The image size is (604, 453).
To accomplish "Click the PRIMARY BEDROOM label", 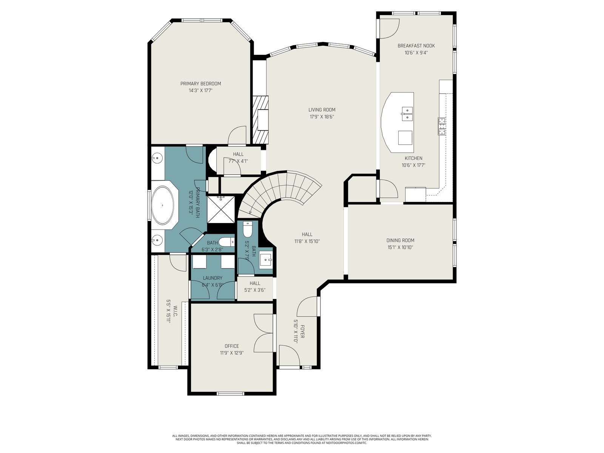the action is click(200, 83).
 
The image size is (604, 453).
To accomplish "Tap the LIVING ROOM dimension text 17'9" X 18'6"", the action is click(322, 117).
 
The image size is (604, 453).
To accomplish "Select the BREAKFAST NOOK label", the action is click(416, 46).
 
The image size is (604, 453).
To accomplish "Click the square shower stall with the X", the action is click(221, 210).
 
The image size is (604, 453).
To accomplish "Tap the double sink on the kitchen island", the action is click(407, 114).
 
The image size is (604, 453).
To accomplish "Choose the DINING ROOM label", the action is click(400, 240).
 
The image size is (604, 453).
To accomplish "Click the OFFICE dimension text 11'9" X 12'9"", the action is click(232, 353).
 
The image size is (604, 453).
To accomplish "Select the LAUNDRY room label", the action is click(213, 278).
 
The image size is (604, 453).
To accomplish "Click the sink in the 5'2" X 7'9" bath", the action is click(266, 259).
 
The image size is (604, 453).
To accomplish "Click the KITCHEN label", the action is click(413, 158).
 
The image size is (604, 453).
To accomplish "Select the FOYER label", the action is click(302, 332).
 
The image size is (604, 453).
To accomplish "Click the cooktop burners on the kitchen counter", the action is click(442, 126).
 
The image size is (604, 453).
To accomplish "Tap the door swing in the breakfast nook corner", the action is click(389, 28).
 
